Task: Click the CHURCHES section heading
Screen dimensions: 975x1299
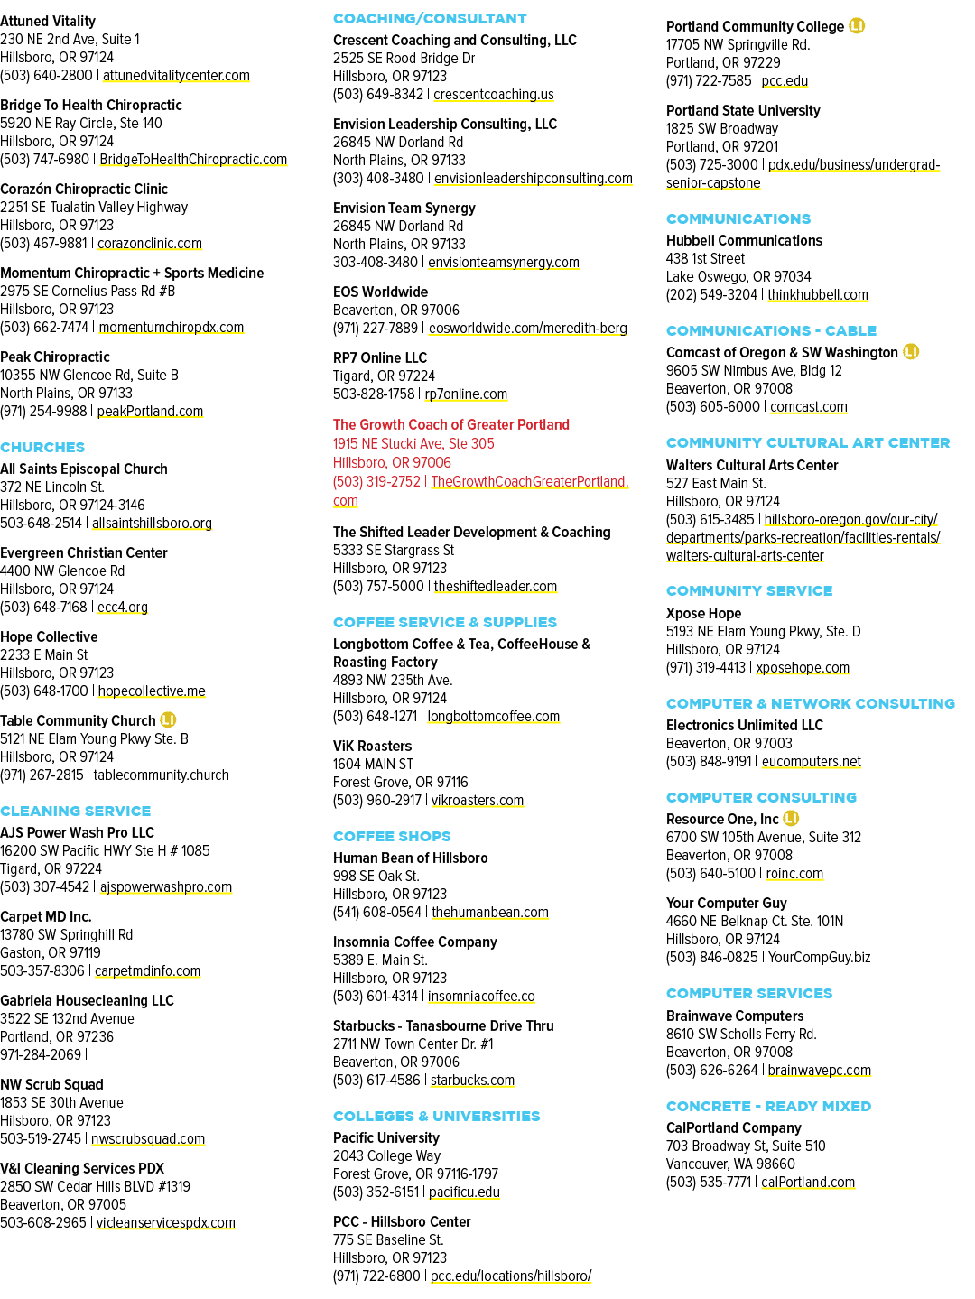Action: pyautogui.click(x=42, y=447)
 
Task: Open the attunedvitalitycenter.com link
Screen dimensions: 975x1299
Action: pyautogui.click(x=176, y=76)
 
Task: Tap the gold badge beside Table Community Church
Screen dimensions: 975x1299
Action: pyautogui.click(x=168, y=719)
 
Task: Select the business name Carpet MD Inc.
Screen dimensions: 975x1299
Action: pyautogui.click(x=45, y=916)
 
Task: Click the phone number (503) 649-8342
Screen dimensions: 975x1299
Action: pyautogui.click(x=378, y=95)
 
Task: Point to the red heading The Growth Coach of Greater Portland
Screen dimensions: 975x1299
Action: pyautogui.click(x=450, y=424)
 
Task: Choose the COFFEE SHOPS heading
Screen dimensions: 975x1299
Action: pyautogui.click(x=392, y=836)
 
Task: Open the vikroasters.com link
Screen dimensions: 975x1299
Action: pyautogui.click(x=478, y=800)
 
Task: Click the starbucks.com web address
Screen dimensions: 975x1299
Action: pyautogui.click(x=472, y=1080)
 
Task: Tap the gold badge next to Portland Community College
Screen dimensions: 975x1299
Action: pyautogui.click(x=857, y=26)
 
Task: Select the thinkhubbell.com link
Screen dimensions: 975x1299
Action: pyautogui.click(x=818, y=294)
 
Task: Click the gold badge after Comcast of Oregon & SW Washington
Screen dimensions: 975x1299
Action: pyautogui.click(x=911, y=351)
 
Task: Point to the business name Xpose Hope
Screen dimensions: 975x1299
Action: pyautogui.click(x=703, y=613)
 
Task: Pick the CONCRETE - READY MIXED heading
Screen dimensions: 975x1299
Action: pyautogui.click(x=768, y=1106)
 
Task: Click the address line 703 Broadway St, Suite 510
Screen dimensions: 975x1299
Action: pyautogui.click(x=746, y=1146)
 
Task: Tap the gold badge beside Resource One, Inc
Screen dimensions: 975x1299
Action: pyautogui.click(x=791, y=819)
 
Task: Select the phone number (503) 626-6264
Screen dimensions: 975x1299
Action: pyautogui.click(x=711, y=1070)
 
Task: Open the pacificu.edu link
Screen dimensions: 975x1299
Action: pyautogui.click(x=464, y=1192)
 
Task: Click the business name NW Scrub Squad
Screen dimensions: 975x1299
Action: pyautogui.click(x=51, y=1084)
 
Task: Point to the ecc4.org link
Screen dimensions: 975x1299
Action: pyautogui.click(x=123, y=608)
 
